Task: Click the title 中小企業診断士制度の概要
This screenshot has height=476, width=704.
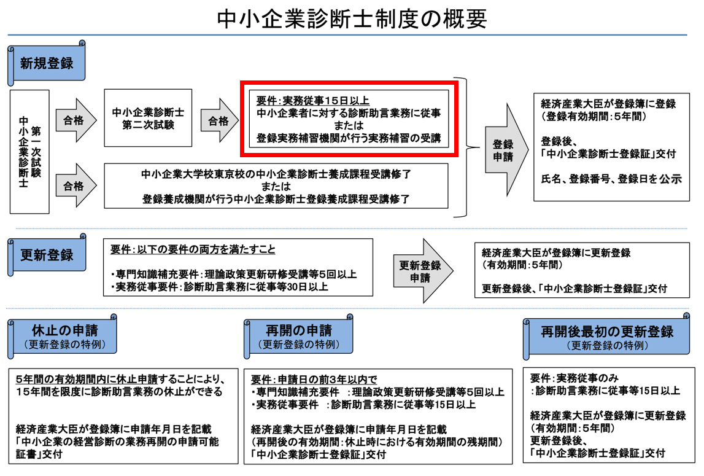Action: pos(352,19)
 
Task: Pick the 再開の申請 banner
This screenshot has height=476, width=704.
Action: pos(298,335)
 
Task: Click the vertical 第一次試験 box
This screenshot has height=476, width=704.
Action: pos(29,152)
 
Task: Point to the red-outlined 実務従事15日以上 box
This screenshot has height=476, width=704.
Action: pos(348,119)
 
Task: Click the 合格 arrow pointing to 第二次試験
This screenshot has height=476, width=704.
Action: pos(75,120)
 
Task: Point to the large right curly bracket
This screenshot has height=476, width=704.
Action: pos(468,147)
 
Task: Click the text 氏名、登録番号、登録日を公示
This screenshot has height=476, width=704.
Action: pos(611,179)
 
